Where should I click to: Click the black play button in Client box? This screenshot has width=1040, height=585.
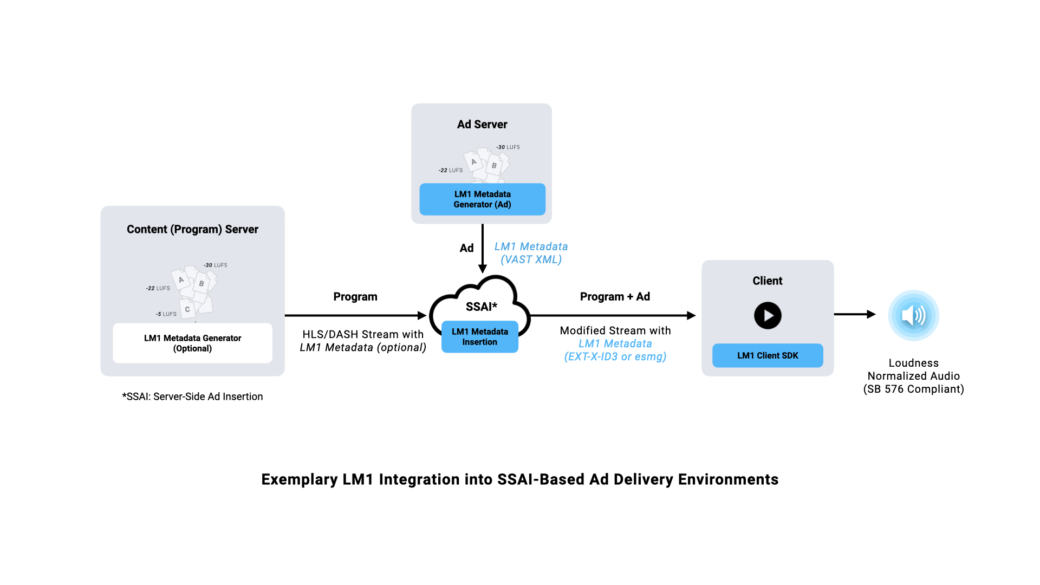coord(768,315)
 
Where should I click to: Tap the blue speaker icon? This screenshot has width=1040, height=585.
coord(913,315)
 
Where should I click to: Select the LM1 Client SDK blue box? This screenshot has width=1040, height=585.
coord(768,355)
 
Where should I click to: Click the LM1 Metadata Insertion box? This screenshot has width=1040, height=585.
coord(480,337)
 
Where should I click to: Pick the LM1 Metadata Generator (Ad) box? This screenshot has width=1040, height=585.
coord(482,199)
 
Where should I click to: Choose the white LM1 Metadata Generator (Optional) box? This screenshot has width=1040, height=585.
coord(192,343)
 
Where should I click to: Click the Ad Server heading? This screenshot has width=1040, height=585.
coord(482,125)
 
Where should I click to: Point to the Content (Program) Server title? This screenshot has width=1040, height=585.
coord(192,229)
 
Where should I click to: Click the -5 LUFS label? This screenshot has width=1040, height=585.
coord(166,314)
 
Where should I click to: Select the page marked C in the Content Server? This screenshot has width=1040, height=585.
coord(187,310)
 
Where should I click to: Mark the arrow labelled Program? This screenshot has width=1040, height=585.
coord(355,315)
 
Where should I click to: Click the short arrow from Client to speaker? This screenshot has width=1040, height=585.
coord(855,314)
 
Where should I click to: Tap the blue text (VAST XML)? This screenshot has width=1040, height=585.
coord(531,259)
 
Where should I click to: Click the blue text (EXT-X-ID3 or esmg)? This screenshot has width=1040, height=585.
coord(615,356)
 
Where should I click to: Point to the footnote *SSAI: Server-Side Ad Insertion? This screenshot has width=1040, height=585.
coord(192,396)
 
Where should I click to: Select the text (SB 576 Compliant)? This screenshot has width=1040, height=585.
coord(913,389)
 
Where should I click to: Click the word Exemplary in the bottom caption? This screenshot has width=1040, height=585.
coord(300,479)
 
